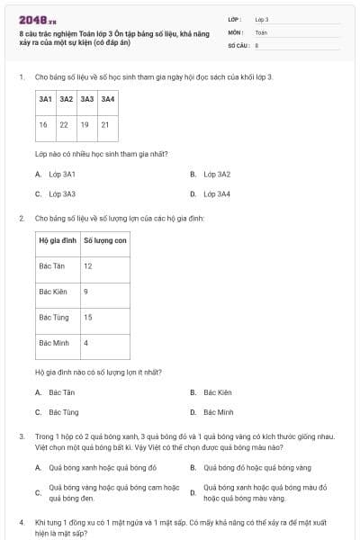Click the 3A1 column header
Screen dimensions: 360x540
(45, 99)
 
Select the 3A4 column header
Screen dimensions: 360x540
(107, 99)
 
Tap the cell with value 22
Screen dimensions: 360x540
(65, 124)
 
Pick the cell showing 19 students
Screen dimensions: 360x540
(85, 124)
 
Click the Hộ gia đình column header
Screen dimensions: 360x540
(58, 240)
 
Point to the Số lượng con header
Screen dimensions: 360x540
(105, 240)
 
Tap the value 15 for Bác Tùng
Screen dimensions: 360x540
(88, 317)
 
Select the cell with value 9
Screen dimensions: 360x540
(86, 292)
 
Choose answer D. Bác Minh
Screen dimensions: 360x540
(218, 412)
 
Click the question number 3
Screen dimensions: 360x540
(21, 436)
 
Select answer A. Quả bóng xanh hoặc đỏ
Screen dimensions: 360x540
(103, 467)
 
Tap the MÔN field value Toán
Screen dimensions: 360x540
(261, 31)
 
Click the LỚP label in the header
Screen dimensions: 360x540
(235, 19)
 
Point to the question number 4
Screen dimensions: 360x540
(21, 522)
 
